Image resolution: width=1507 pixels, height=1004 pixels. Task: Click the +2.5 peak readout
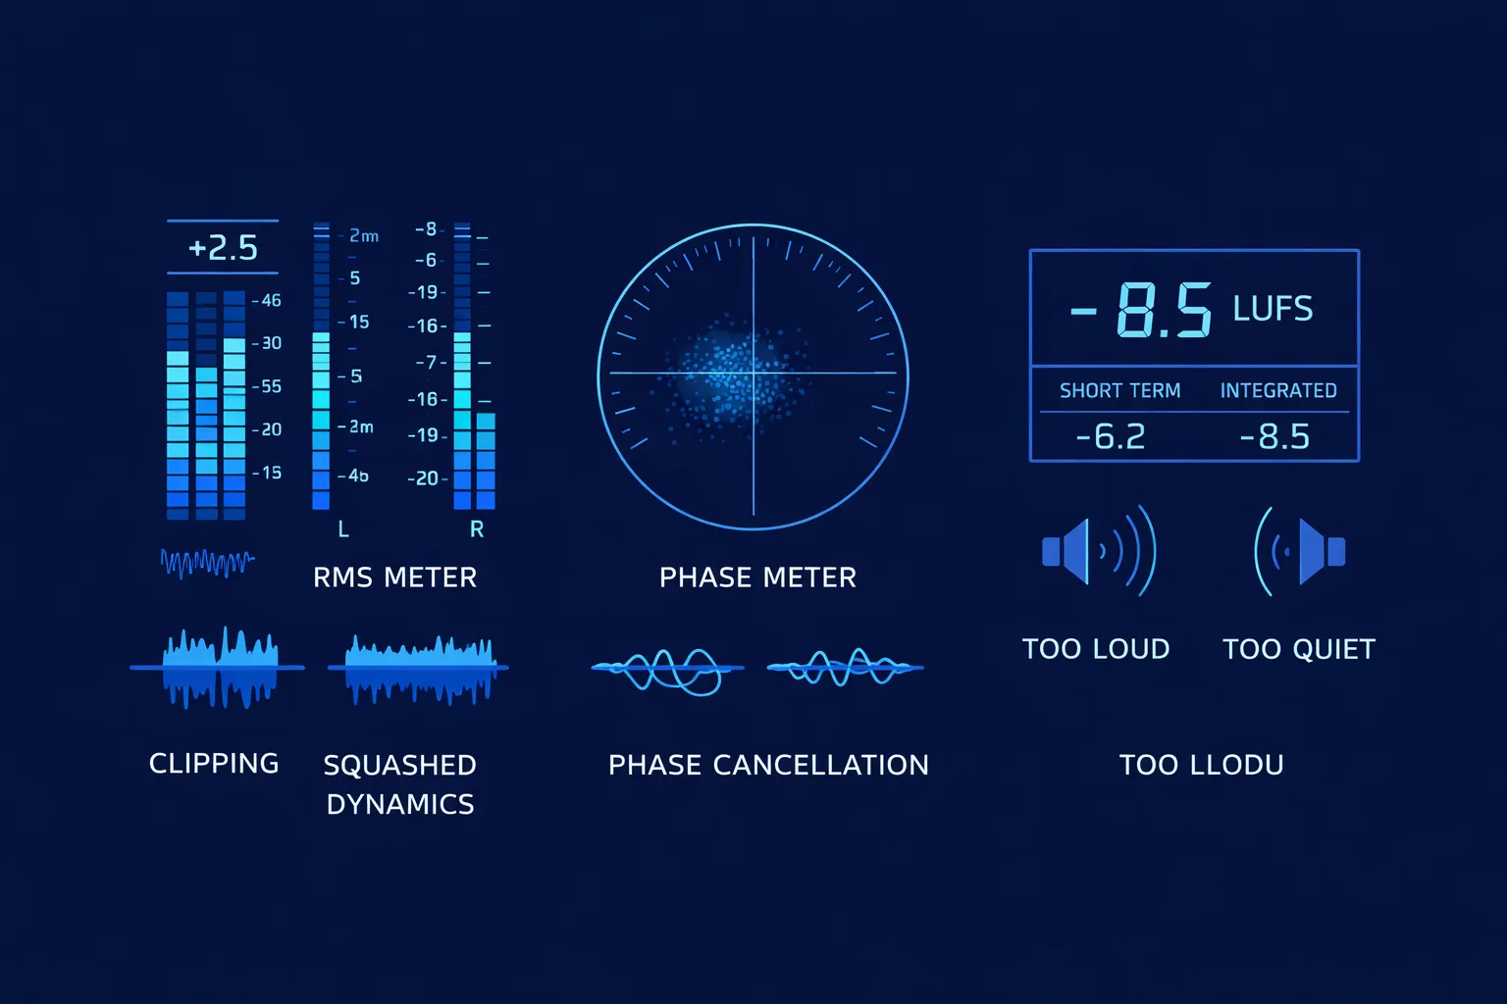[223, 247]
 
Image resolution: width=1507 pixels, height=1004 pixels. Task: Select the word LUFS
[1273, 309]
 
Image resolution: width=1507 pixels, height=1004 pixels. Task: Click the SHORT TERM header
[1119, 390]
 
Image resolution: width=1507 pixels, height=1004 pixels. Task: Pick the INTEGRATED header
[1278, 390]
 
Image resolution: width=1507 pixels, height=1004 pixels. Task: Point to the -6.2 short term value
[1111, 436]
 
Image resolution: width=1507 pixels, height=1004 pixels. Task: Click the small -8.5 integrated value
[1274, 436]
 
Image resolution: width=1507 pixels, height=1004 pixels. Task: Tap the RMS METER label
[394, 577]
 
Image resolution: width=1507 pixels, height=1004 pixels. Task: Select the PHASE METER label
[757, 577]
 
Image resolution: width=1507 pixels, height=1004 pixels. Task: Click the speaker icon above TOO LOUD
[1098, 551]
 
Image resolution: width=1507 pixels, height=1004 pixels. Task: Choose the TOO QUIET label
[1299, 649]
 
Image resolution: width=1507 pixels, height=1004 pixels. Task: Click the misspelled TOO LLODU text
[1202, 765]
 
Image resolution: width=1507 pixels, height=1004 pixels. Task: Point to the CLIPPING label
[214, 764]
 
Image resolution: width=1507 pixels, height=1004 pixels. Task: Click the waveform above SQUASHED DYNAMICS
[419, 669]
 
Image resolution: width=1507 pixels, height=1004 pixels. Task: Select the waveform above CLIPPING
[218, 667]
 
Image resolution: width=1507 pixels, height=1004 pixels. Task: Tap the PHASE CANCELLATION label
[768, 765]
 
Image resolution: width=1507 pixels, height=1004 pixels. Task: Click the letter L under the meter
[343, 529]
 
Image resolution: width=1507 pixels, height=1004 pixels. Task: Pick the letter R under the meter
[477, 529]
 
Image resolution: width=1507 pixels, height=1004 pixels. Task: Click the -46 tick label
[268, 300]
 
